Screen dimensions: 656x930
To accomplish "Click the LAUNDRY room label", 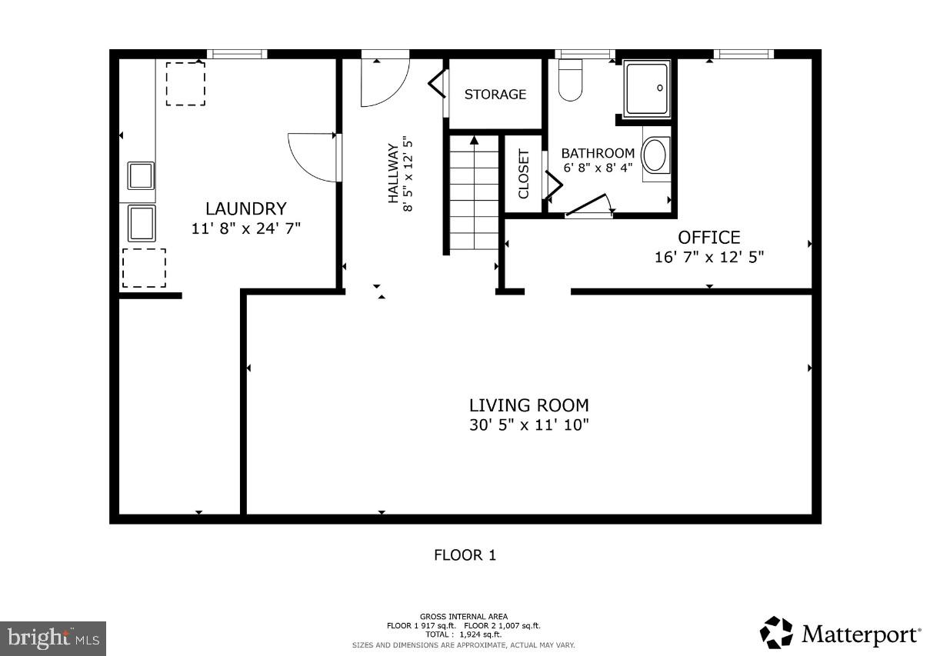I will click(245, 208).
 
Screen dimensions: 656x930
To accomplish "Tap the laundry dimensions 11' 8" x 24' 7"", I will click(245, 228).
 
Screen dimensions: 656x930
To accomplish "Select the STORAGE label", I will click(495, 95).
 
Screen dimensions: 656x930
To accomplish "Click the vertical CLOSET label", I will click(524, 174).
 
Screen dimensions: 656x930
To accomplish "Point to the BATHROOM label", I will click(598, 153).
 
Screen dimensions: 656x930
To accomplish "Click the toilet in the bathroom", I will click(570, 81).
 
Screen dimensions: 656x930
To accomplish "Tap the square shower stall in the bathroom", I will click(647, 88).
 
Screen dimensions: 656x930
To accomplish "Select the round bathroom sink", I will click(655, 155).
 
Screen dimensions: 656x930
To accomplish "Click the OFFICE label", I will click(708, 238).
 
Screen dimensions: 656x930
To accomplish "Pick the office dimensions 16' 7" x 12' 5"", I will click(708, 258).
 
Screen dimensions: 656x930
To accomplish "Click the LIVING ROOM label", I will click(529, 405).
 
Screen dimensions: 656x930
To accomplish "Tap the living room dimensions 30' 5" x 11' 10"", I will click(529, 425).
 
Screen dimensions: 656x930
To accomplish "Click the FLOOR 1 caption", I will click(465, 555).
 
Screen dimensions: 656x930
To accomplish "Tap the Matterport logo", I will click(840, 634).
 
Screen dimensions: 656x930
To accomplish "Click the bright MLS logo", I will click(54, 638).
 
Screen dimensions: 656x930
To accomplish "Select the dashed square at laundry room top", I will click(185, 83).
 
